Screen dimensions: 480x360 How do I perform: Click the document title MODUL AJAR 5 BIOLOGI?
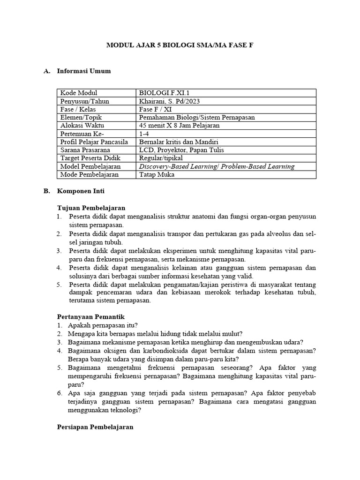(180, 45)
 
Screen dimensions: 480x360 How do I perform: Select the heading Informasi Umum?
(84, 71)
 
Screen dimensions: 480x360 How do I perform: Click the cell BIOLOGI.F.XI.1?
(164, 93)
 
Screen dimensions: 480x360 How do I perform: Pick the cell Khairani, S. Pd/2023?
(169, 101)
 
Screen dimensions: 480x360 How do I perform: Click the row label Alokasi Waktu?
(82, 126)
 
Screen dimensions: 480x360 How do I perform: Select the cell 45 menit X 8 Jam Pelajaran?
(180, 126)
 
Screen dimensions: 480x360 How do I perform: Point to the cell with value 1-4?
(144, 134)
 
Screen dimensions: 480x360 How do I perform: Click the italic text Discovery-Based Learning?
(176, 166)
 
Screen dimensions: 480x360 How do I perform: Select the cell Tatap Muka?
(157, 174)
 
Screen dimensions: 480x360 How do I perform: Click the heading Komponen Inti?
(81, 191)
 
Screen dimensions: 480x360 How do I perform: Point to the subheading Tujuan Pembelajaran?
(91, 208)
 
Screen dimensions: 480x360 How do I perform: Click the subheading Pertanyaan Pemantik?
(90, 317)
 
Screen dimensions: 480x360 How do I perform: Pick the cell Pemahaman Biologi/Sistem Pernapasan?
(197, 117)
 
